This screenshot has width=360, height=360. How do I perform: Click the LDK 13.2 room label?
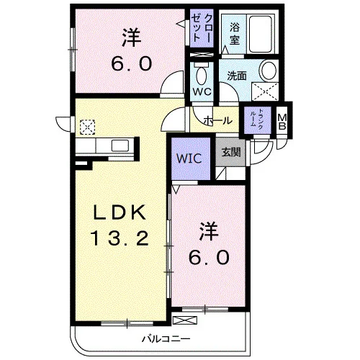[x=120, y=225]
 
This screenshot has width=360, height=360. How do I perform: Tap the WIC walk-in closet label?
[x=189, y=158]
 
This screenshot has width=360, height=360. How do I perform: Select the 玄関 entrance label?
[x=230, y=152]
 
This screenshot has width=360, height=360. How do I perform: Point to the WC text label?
[x=202, y=91]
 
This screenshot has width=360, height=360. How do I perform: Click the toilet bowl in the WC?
[x=201, y=74]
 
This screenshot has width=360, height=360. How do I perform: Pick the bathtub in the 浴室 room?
[x=261, y=34]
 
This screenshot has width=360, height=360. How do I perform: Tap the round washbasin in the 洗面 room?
[x=269, y=71]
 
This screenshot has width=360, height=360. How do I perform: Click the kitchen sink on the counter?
[x=120, y=145]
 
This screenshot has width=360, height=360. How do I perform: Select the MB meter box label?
[x=282, y=121]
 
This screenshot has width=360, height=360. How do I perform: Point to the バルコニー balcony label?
[x=166, y=339]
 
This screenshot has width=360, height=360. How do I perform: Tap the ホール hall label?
[x=218, y=120]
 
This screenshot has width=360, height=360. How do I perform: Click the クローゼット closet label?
[x=202, y=27]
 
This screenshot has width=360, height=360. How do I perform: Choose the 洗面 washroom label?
[x=237, y=76]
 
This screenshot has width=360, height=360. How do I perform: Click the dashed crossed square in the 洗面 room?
[x=265, y=91]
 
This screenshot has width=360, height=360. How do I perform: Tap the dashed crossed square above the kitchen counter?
[x=87, y=127]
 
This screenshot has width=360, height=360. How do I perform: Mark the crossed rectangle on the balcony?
[x=185, y=320]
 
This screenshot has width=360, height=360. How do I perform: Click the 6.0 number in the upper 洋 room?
[x=132, y=63]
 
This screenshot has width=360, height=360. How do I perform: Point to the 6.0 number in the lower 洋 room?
[x=209, y=257]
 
